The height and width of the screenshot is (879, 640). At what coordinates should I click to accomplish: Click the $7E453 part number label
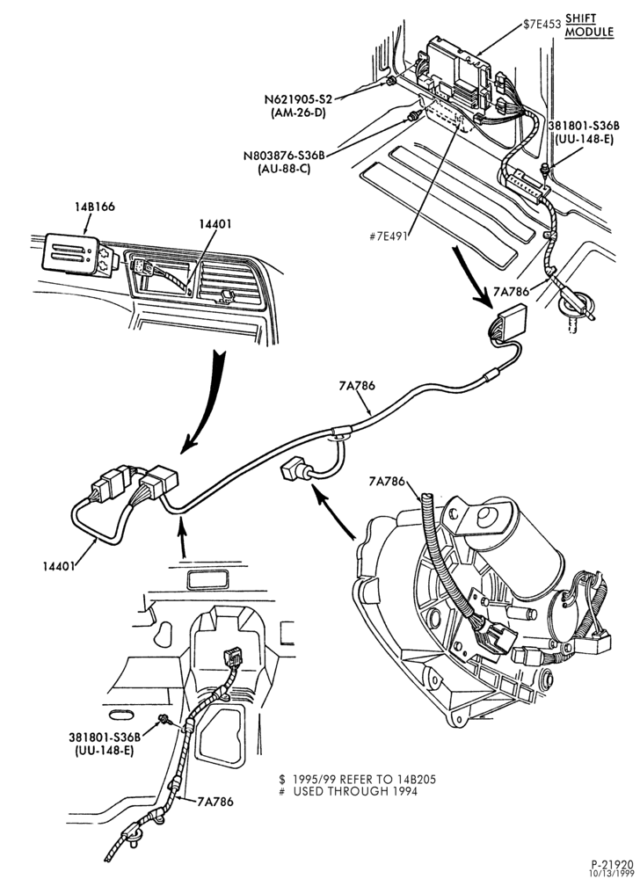[541, 24]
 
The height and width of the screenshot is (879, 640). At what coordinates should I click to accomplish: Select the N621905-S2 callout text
[299, 100]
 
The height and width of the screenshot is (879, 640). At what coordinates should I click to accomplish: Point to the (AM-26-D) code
[299, 113]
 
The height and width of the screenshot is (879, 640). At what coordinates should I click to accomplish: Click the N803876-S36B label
[285, 156]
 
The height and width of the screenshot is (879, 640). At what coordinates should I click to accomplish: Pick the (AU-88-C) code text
[285, 168]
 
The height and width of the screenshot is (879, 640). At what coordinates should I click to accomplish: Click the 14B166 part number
[95, 207]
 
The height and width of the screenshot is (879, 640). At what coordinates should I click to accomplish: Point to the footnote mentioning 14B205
[358, 779]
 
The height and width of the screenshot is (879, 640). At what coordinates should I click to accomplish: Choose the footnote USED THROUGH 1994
[349, 792]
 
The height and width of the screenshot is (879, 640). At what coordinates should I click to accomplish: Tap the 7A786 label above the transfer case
[387, 481]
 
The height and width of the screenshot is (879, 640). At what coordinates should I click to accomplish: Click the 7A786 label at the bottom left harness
[215, 802]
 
